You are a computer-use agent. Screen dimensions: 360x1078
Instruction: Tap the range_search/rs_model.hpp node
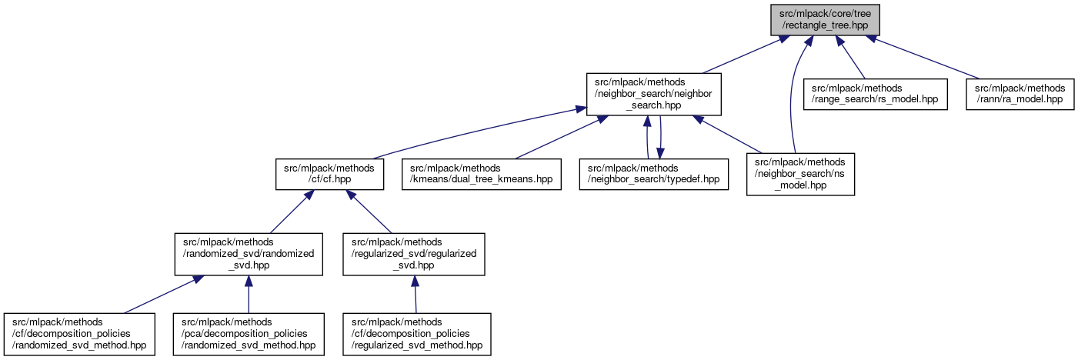876,94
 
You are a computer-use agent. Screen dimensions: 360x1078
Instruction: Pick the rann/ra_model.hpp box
1020,94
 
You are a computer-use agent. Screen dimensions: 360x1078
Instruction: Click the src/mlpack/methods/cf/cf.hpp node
329,174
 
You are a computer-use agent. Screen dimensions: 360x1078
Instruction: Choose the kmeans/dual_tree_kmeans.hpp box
481,174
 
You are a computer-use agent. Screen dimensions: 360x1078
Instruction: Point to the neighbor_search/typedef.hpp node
653,174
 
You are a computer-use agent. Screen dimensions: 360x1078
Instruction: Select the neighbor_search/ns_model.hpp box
800,174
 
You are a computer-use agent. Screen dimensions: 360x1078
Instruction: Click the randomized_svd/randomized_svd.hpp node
248,254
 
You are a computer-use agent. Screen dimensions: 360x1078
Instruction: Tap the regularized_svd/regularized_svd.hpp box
414,254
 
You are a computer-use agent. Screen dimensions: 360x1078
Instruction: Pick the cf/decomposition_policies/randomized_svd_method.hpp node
79,334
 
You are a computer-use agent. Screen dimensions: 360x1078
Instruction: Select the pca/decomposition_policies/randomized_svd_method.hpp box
248,334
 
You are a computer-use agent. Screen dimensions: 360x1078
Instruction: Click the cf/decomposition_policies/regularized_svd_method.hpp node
417,334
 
